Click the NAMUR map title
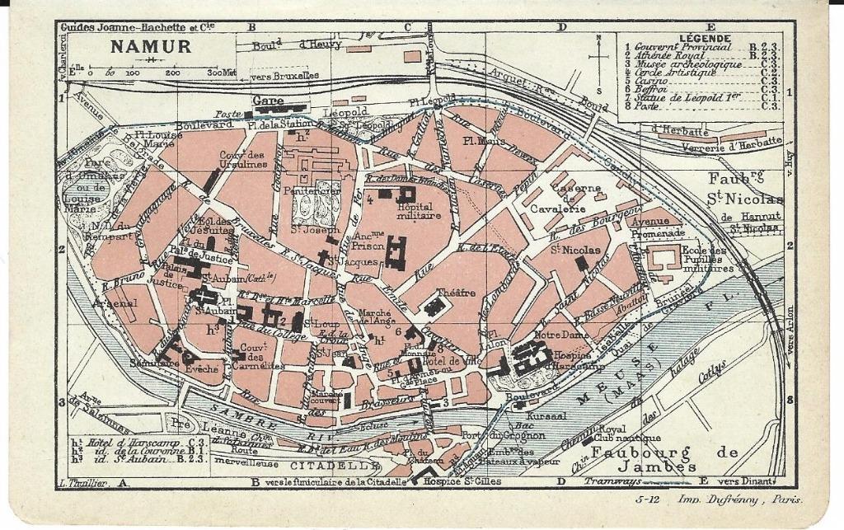(151, 46)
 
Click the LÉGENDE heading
(704, 38)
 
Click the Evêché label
(202, 369)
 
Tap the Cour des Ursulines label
(243, 159)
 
